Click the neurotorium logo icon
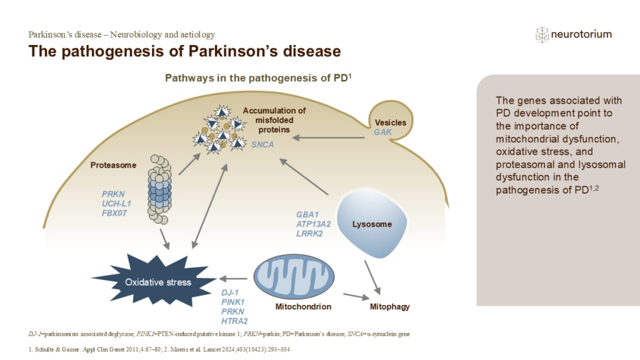point(542,34)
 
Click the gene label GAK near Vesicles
point(382,133)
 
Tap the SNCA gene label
point(261,144)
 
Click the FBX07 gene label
point(116,214)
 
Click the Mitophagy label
point(389,307)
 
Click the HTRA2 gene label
point(236,321)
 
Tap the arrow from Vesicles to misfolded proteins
point(331,136)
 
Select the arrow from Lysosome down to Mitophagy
point(372,276)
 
